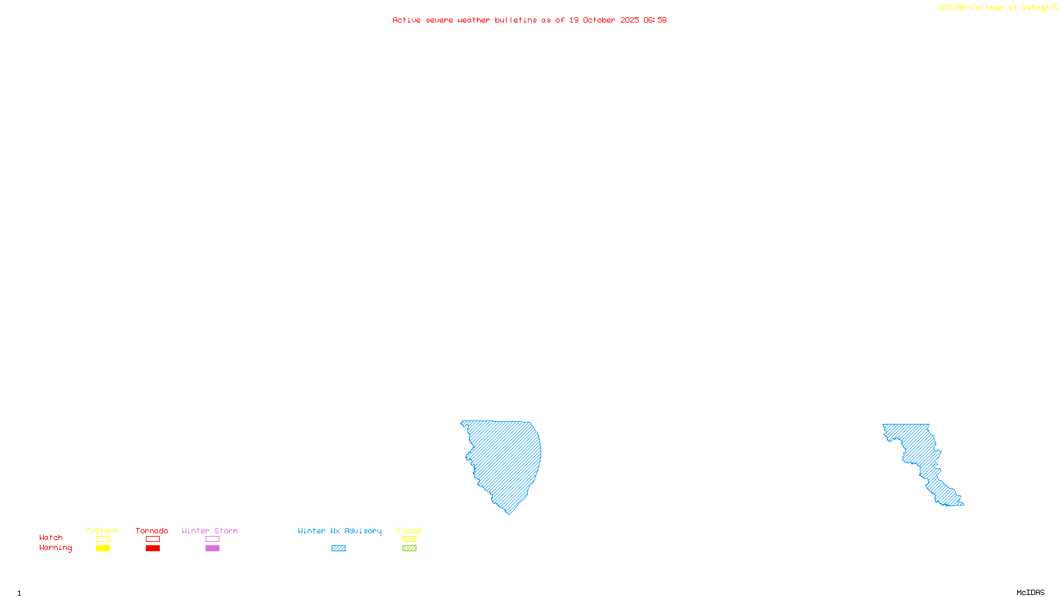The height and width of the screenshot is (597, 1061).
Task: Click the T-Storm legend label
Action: point(102,531)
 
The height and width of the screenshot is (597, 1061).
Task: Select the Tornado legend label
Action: point(152,531)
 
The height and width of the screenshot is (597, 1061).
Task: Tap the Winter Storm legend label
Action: point(210,531)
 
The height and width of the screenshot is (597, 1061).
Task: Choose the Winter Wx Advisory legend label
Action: point(340,531)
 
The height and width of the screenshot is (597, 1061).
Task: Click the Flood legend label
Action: point(409,531)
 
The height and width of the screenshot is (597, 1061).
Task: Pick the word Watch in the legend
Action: point(51,537)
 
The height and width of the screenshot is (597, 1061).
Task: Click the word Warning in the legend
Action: point(56,548)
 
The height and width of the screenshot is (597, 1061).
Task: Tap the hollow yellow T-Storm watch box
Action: point(103,539)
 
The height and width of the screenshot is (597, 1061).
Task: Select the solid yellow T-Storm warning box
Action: point(103,549)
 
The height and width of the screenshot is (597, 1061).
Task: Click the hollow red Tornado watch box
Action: point(153,539)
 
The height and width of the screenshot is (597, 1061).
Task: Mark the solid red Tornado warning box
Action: point(153,549)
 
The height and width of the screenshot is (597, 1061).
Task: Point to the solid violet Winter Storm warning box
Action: point(212,549)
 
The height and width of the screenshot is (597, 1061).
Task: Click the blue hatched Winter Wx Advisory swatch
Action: point(338,549)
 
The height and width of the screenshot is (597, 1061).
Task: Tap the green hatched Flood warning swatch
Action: point(410,549)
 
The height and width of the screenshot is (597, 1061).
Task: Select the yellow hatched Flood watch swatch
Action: point(410,539)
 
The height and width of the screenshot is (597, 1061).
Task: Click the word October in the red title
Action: point(599,20)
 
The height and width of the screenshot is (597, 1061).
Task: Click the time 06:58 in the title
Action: point(655,20)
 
